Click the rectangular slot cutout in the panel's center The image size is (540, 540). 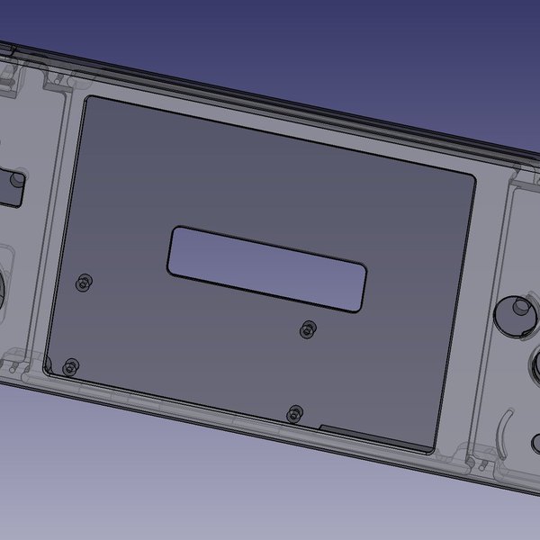coord(266,266)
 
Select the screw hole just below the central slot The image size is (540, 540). coord(308,329)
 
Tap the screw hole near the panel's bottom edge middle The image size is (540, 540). coord(292,414)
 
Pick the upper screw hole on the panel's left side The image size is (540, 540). coord(84,283)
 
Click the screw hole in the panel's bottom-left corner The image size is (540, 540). coord(70,365)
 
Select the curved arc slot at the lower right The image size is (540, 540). coord(505,431)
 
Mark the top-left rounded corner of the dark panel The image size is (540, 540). coord(87,101)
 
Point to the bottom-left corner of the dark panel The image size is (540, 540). coord(48,364)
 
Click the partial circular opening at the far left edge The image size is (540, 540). coord(3,288)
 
